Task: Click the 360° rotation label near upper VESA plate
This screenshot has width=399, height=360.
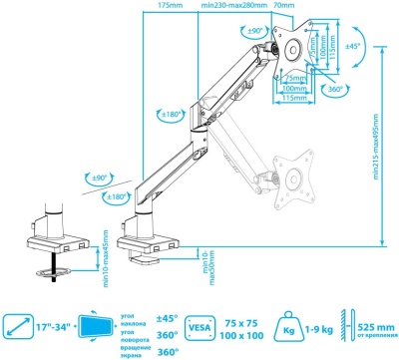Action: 336,91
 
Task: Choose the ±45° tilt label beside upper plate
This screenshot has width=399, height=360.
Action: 353,46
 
